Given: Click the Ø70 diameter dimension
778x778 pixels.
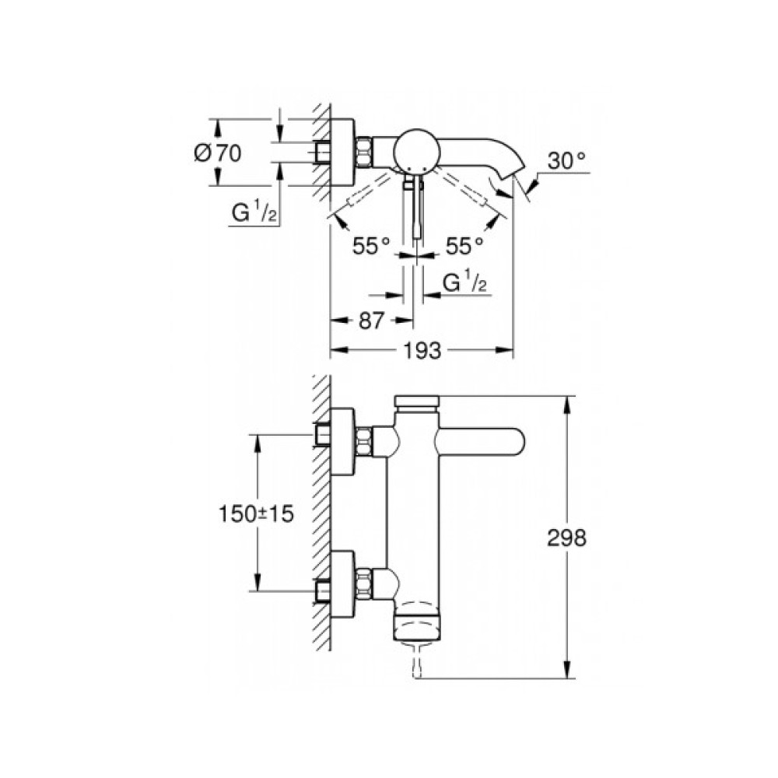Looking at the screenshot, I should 217,153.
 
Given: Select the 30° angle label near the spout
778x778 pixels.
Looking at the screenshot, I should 566,161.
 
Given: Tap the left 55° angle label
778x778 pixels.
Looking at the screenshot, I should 370,247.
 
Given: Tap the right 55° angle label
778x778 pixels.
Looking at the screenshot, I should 464,247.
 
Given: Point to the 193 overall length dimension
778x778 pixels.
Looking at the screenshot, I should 422,351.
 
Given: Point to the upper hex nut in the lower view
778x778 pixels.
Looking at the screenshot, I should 364,441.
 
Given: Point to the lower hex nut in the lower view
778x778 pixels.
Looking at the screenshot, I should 364,584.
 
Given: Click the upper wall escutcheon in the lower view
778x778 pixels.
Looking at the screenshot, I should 344,441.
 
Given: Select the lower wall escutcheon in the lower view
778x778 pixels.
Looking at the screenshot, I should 344,584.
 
